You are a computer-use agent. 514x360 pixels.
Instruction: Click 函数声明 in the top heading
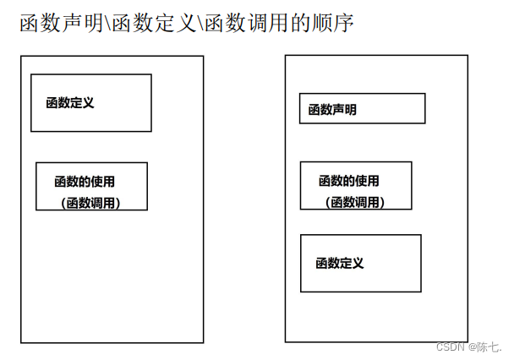tap(58, 23)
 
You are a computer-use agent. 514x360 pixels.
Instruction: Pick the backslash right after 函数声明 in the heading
tap(104, 23)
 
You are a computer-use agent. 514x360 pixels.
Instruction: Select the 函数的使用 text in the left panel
tap(85, 181)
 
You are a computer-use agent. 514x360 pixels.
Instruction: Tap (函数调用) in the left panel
tap(91, 203)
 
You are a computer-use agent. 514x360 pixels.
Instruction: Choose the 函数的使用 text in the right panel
tap(348, 181)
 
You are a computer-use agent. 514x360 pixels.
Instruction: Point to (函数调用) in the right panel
tap(355, 202)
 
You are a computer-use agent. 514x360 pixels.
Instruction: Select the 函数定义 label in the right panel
tap(340, 263)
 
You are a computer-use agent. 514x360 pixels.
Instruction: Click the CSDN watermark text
tap(451, 346)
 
